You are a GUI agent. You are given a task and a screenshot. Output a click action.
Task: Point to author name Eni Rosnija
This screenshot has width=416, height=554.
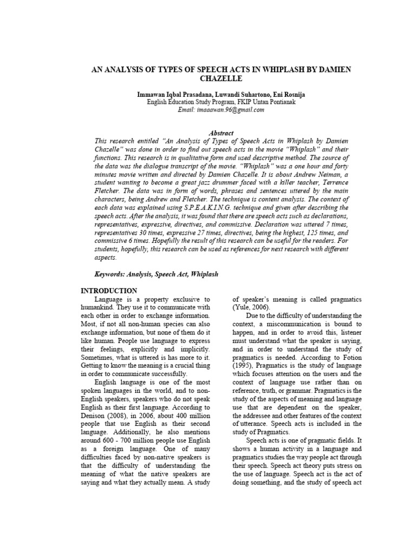point(286,94)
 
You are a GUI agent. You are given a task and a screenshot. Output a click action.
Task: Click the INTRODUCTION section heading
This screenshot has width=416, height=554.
point(109,291)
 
